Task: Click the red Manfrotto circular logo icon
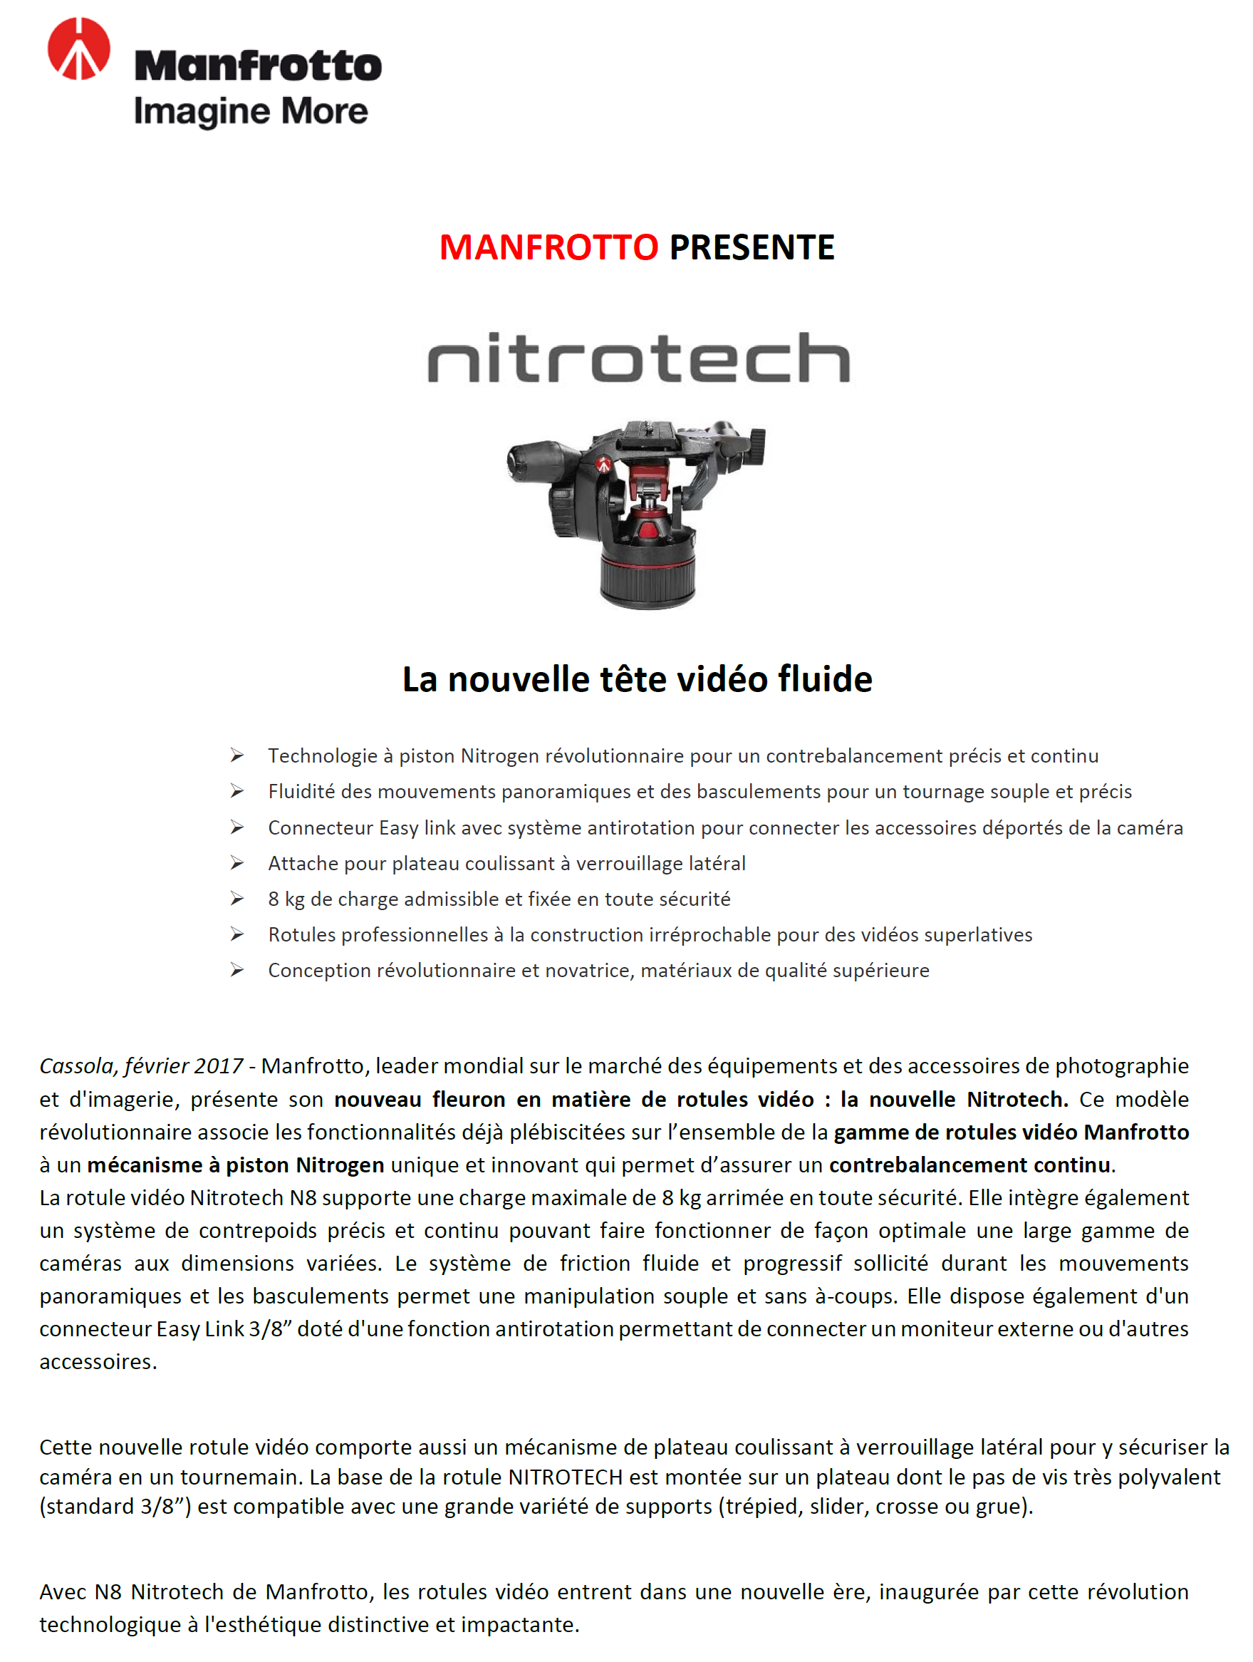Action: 79,49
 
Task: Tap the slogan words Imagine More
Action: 251,111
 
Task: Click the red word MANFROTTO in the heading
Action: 548,247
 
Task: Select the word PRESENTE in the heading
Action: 752,247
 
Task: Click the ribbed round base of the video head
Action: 648,577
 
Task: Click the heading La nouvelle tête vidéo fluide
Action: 637,678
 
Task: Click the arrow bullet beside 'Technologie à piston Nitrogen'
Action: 236,755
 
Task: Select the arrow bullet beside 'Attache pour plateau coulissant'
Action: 236,863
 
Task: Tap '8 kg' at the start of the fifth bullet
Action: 286,899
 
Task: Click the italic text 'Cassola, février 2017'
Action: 141,1065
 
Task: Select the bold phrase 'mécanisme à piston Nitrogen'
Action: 236,1165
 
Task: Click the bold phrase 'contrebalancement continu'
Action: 969,1165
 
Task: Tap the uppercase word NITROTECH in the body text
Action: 566,1477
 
